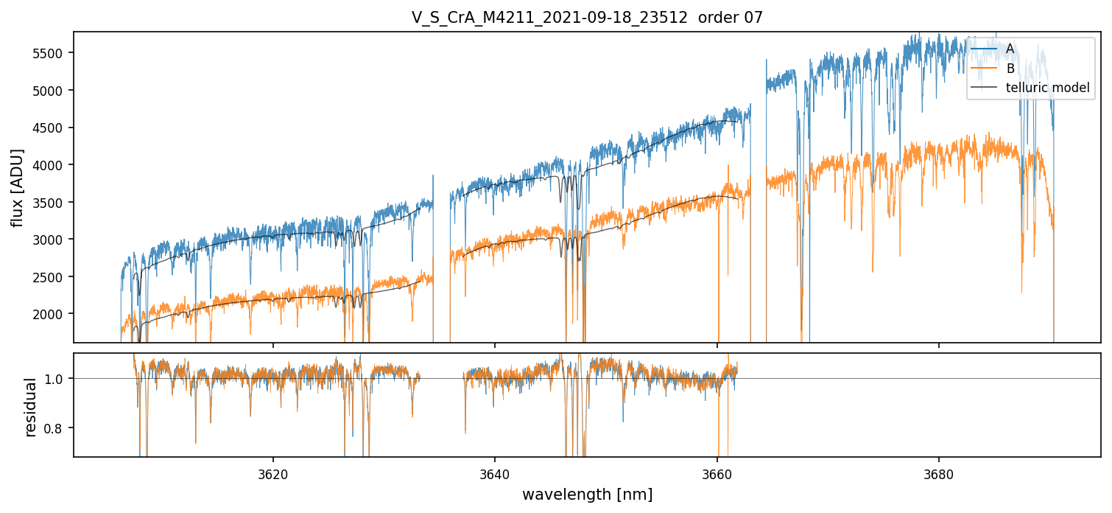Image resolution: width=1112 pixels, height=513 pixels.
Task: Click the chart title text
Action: pyautogui.click(x=587, y=18)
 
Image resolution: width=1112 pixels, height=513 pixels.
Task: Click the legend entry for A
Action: pyautogui.click(x=1010, y=49)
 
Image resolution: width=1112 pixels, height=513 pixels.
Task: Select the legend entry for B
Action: pyautogui.click(x=1010, y=69)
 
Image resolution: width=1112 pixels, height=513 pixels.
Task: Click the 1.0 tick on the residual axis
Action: pyautogui.click(x=60, y=379)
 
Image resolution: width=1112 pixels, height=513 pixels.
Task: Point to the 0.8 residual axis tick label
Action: pyautogui.click(x=60, y=428)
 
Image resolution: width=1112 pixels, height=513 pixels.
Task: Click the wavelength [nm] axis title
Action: pyautogui.click(x=587, y=494)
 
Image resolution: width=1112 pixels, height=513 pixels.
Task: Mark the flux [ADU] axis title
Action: pyautogui.click(x=17, y=187)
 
